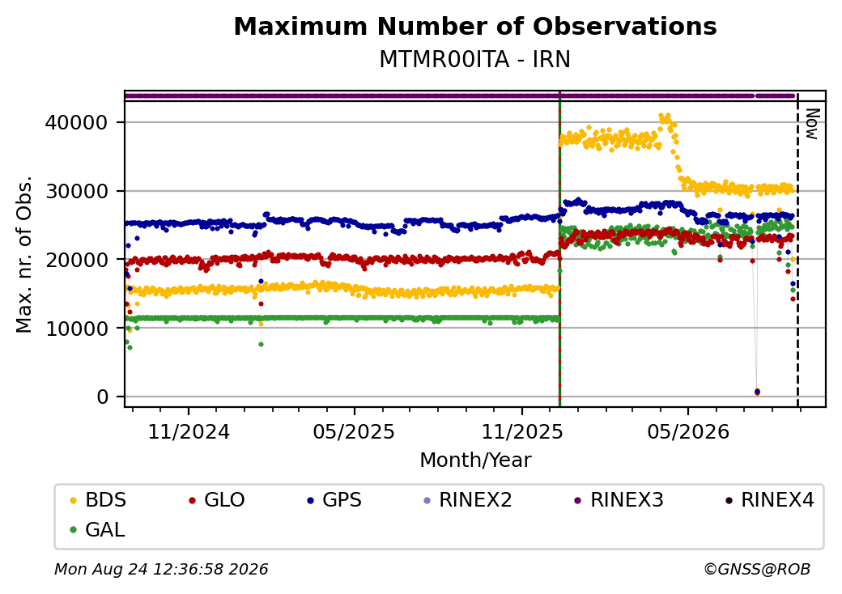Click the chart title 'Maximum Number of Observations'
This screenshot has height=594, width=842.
click(475, 26)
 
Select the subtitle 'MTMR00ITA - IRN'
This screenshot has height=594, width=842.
click(474, 60)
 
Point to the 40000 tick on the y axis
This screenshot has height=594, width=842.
click(76, 122)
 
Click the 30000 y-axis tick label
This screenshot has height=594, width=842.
click(76, 191)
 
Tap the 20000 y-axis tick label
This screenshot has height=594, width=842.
click(76, 260)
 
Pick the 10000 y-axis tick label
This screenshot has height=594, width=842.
click(76, 328)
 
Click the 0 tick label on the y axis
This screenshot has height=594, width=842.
click(103, 397)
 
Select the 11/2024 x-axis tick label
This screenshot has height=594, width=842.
click(189, 432)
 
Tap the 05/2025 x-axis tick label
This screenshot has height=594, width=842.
click(354, 432)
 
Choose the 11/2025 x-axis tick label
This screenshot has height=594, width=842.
click(522, 432)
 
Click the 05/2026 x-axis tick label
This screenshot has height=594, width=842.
click(688, 432)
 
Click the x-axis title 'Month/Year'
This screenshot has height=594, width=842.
click(475, 460)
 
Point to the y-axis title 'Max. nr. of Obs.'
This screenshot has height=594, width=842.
click(24, 254)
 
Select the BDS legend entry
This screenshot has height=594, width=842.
click(98, 500)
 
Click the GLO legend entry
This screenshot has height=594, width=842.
click(217, 500)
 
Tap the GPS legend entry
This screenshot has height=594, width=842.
click(334, 500)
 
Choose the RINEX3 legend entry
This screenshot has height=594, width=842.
click(619, 500)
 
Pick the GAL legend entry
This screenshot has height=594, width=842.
click(98, 529)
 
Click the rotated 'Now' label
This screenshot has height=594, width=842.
click(813, 124)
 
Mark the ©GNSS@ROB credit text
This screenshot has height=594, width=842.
click(757, 569)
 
